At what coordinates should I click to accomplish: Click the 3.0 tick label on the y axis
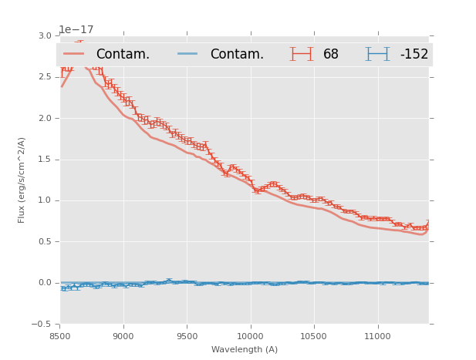(x=46, y=36)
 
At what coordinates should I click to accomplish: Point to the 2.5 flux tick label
(x=46, y=77)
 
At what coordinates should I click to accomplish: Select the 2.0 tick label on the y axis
(x=46, y=118)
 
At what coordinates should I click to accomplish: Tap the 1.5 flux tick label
(x=46, y=160)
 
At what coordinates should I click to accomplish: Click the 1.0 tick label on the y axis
(x=46, y=200)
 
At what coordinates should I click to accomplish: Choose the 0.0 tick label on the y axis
(x=46, y=283)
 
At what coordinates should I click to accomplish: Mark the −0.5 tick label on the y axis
(x=43, y=324)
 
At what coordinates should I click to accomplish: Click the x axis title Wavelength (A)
(x=245, y=350)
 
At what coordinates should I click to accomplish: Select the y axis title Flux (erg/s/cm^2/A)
(x=22, y=180)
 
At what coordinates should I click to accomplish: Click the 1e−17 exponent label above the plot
(x=76, y=30)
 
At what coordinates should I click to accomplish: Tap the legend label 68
(x=331, y=55)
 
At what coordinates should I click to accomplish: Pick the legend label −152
(x=414, y=55)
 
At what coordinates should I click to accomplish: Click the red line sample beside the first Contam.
(x=74, y=54)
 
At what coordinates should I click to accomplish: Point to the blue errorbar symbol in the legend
(x=377, y=54)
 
